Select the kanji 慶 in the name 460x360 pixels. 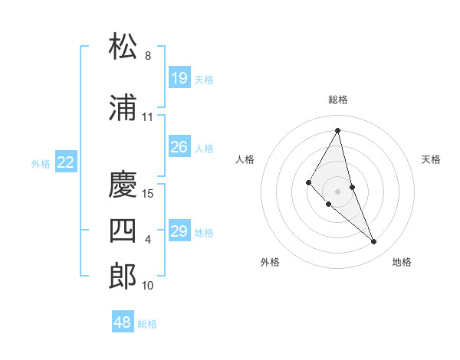click(123, 185)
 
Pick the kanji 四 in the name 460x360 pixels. click(123, 231)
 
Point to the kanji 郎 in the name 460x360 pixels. click(123, 276)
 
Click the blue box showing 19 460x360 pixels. click(179, 78)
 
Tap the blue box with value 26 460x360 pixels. click(179, 147)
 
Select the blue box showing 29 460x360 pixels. click(179, 231)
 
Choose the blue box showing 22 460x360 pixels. click(66, 162)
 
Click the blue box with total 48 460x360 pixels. click(123, 322)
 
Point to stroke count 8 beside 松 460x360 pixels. click(148, 56)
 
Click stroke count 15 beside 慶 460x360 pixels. click(149, 194)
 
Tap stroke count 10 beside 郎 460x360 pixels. click(148, 286)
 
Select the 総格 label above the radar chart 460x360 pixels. click(338, 100)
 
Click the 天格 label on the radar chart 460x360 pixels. click(432, 159)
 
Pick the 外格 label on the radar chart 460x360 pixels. click(270, 262)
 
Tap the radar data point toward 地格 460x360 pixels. click(374, 242)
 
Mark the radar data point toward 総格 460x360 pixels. click(338, 130)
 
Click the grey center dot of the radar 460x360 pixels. click(338, 191)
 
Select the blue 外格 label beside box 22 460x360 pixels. click(41, 163)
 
